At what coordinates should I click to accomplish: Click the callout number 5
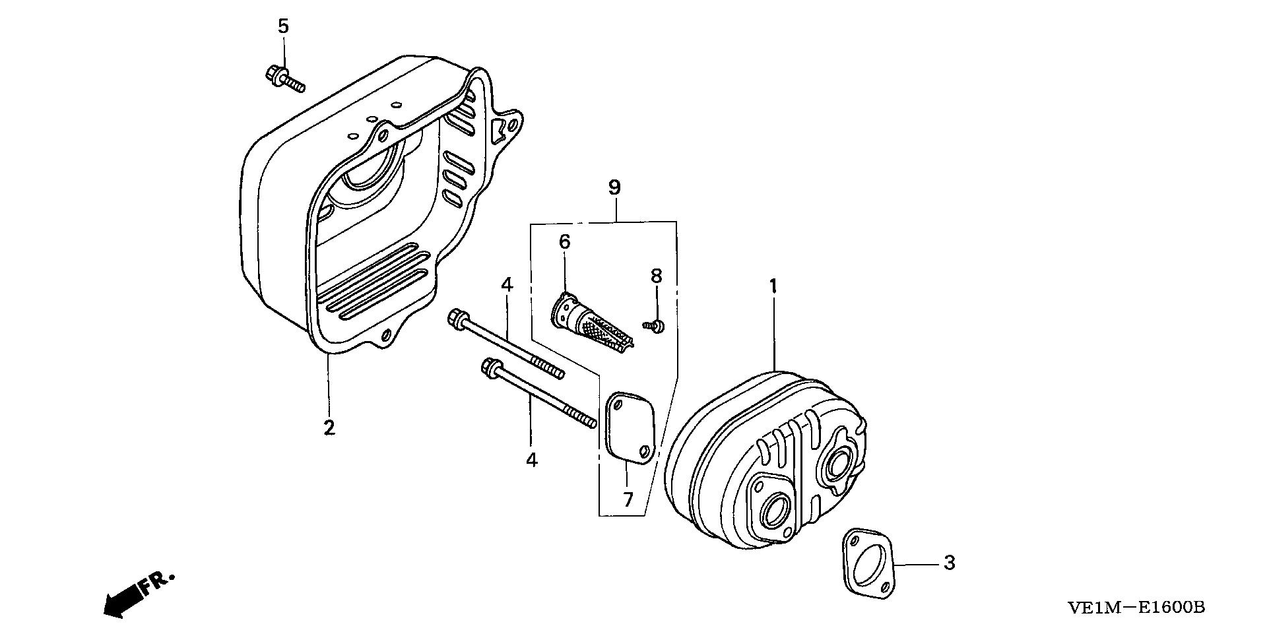pos(283,26)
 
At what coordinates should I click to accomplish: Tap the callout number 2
pos(329,427)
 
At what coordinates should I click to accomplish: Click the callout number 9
pos(614,187)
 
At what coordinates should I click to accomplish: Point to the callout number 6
pos(564,242)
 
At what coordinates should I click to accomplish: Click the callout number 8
pos(656,276)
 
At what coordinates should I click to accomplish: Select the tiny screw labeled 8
pos(654,325)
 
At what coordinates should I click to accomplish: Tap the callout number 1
pos(773,286)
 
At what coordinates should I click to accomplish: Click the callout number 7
pos(628,499)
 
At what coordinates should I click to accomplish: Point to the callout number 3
pos(949,563)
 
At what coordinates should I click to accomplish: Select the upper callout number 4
pos(506,285)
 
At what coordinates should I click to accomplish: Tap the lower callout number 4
pos(532,460)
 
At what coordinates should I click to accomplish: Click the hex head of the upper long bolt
pos(454,317)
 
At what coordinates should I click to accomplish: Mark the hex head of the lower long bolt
pos(490,365)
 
